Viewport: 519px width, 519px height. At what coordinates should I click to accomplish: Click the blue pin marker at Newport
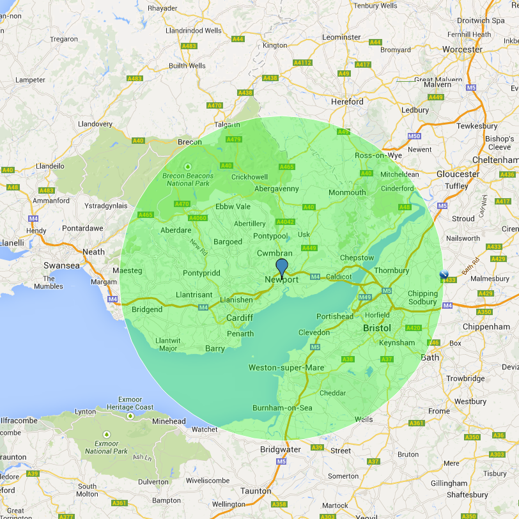(x=282, y=267)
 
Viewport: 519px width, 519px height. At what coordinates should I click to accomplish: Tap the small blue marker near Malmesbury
(x=444, y=274)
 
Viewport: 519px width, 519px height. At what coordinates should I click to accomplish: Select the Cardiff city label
(x=240, y=318)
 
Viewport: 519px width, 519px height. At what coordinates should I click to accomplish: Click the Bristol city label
(x=376, y=328)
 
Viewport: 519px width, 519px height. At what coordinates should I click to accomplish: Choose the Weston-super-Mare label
(x=286, y=368)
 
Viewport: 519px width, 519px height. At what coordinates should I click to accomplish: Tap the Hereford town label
(x=347, y=102)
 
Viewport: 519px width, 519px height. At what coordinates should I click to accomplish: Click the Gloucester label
(x=458, y=174)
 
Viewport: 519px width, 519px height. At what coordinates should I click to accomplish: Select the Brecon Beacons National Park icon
(x=188, y=167)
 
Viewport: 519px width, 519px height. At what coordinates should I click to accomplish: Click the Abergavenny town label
(x=277, y=189)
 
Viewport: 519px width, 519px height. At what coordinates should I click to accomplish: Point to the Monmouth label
(x=347, y=192)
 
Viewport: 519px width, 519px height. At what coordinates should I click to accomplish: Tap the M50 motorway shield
(x=414, y=137)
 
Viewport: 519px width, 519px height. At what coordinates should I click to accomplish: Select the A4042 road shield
(x=284, y=222)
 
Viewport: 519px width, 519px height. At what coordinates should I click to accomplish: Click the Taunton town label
(x=256, y=491)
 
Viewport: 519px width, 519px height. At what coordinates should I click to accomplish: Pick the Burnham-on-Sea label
(x=282, y=408)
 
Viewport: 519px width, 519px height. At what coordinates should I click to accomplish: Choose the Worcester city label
(x=462, y=49)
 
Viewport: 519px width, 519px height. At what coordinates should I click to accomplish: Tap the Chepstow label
(x=357, y=258)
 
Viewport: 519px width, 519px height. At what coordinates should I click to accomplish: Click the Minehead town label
(x=169, y=421)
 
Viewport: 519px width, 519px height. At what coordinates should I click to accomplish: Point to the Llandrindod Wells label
(x=193, y=30)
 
